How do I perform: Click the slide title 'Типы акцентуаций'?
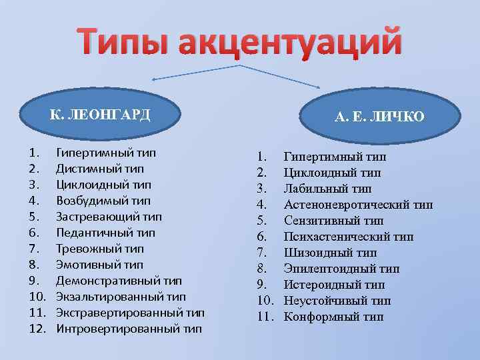240,41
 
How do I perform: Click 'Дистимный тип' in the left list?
99,169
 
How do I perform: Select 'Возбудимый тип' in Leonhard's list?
103,201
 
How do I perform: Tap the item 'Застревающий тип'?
109,217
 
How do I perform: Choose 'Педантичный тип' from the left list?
105,233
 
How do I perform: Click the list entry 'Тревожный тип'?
99,249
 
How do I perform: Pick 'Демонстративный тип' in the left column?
119,281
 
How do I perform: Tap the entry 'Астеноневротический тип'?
358,205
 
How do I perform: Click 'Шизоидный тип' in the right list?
330,253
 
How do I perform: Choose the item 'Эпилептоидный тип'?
341,269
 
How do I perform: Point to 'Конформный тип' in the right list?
333,317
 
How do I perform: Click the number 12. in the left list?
37,329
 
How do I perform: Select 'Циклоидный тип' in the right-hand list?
332,173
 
